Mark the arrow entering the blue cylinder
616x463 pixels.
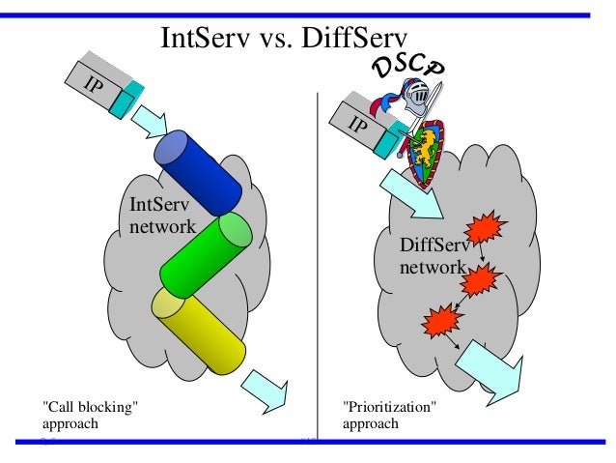(149, 121)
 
